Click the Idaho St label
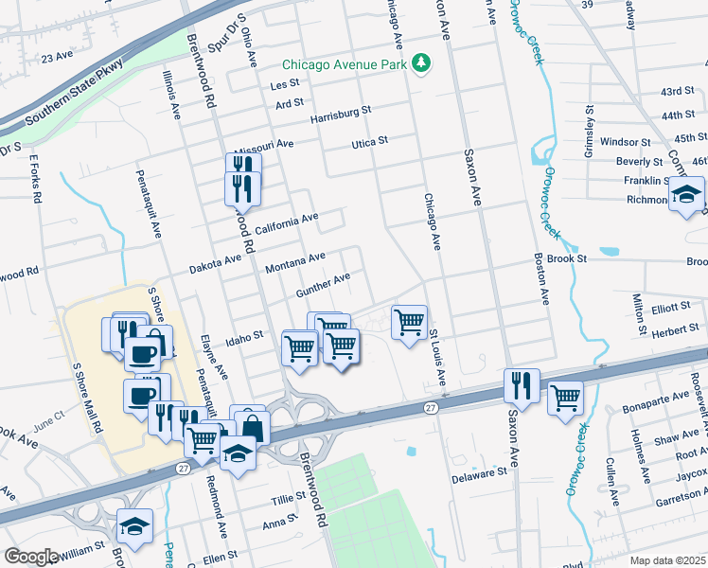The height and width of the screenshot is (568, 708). pos(243,338)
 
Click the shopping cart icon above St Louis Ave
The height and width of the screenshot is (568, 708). pos(409,322)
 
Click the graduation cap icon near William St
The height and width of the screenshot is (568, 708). pos(135,525)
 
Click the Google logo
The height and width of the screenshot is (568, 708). pos(31,556)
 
